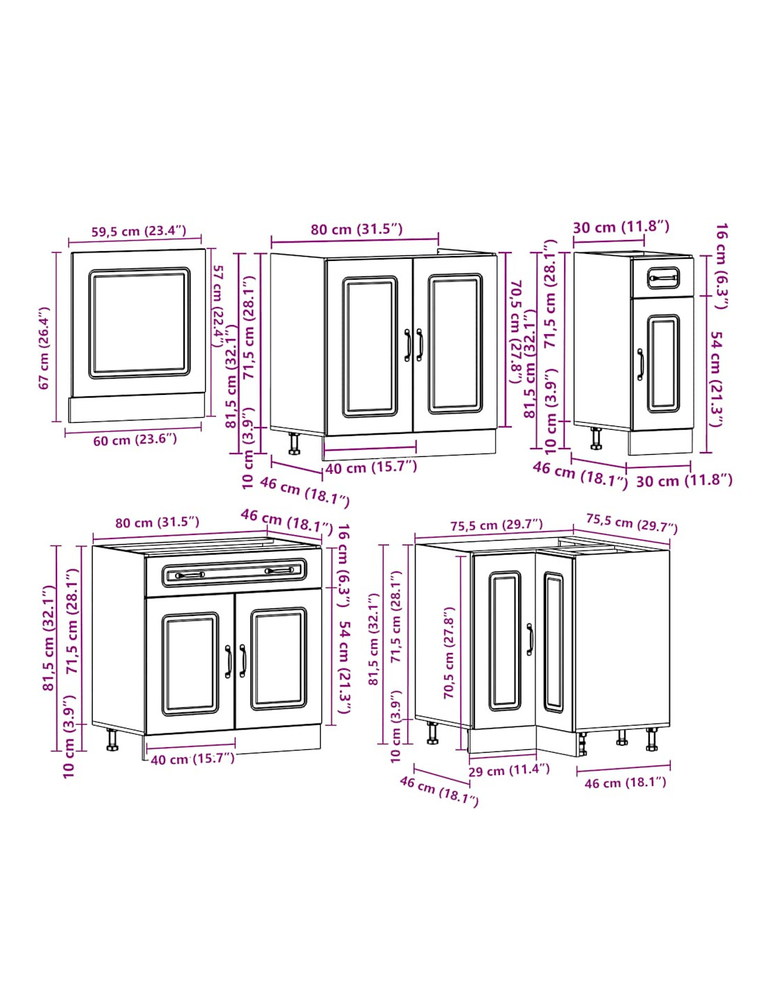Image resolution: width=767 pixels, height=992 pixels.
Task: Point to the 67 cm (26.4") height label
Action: click(44, 348)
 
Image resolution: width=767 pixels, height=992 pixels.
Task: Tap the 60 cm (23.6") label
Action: click(135, 440)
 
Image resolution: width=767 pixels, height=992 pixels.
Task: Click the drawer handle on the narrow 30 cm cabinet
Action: click(662, 278)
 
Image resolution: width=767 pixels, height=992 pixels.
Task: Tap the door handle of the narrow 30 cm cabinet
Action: click(641, 364)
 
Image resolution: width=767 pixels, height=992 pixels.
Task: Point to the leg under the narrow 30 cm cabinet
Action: click(595, 439)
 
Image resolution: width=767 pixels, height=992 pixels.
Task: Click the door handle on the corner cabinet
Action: click(530, 640)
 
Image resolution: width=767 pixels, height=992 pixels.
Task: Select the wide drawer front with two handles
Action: click(233, 572)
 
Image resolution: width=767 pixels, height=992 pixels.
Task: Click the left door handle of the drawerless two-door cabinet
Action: click(407, 345)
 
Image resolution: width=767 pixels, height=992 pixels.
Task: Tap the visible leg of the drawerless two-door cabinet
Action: click(294, 443)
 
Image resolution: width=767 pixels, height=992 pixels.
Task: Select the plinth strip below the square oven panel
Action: click(137, 409)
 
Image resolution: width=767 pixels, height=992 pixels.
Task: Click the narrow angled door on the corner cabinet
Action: click(554, 641)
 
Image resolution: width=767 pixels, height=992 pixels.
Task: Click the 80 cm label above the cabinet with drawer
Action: click(157, 523)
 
